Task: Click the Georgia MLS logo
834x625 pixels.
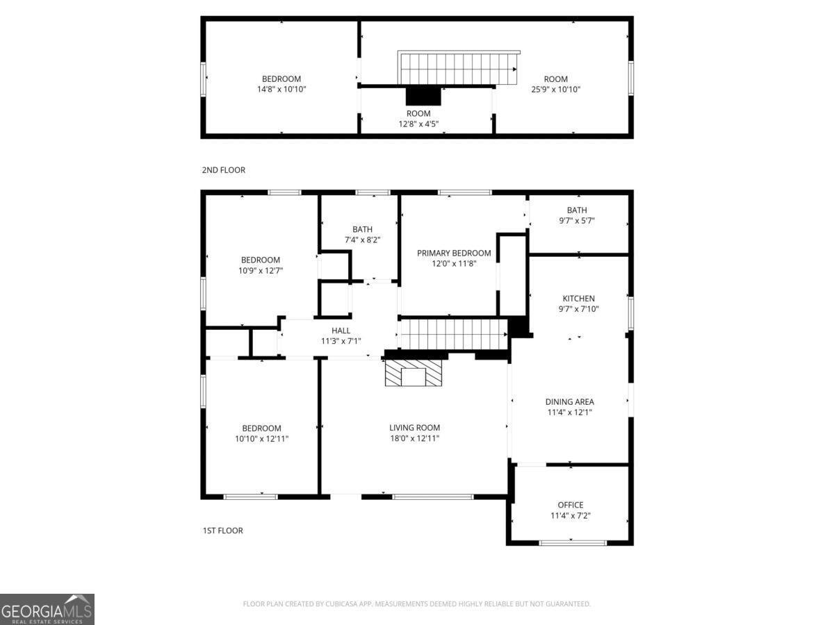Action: pyautogui.click(x=47, y=609)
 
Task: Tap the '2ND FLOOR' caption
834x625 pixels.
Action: pyautogui.click(x=223, y=170)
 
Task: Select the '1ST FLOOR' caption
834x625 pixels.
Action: pyautogui.click(x=222, y=531)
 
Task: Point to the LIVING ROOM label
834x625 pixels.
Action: pyautogui.click(x=414, y=428)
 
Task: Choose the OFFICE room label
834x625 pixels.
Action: pyautogui.click(x=571, y=505)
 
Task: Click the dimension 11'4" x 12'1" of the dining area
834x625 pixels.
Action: pyautogui.click(x=569, y=412)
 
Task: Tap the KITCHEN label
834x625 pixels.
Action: pyautogui.click(x=578, y=299)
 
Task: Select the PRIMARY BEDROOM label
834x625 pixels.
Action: pyautogui.click(x=454, y=253)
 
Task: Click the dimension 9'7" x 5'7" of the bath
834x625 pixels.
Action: pyautogui.click(x=576, y=221)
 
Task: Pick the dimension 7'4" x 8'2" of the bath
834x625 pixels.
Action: pyautogui.click(x=362, y=240)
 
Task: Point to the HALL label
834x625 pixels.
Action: pyautogui.click(x=341, y=331)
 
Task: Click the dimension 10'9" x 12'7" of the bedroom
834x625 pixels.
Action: pyautogui.click(x=261, y=271)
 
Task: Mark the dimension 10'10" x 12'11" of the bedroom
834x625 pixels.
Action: pyautogui.click(x=261, y=439)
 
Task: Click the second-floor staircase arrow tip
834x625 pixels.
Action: pyautogui.click(x=515, y=69)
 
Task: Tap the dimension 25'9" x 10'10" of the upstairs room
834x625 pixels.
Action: pyautogui.click(x=555, y=90)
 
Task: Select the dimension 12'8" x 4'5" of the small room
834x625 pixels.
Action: pyautogui.click(x=418, y=124)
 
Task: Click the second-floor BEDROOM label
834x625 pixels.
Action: pyautogui.click(x=281, y=79)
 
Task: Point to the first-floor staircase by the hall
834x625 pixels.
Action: pyautogui.click(x=455, y=333)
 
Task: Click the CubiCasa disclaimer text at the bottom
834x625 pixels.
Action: pyautogui.click(x=416, y=604)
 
